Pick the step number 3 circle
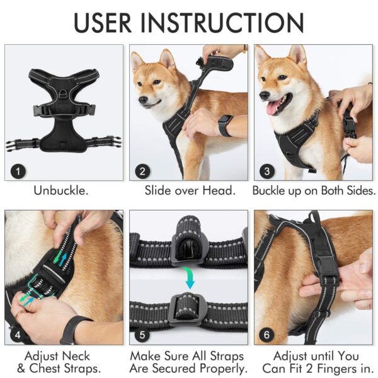[x=267, y=169]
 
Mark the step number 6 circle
[x=267, y=335]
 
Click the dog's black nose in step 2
[x=140, y=100]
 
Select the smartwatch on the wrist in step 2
[x=224, y=125]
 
